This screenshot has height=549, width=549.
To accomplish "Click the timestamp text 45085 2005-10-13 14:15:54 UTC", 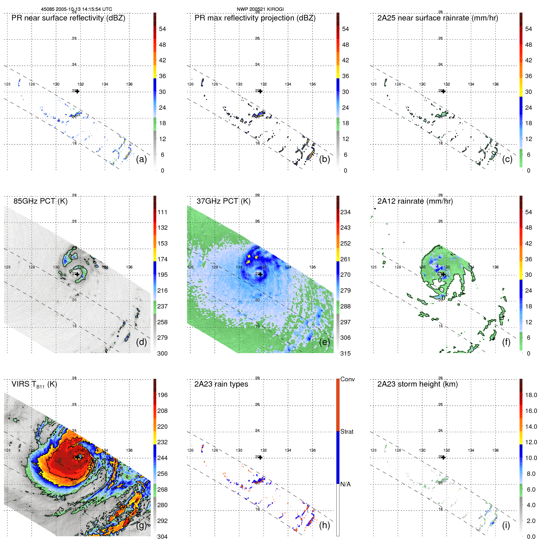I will pos(77,9).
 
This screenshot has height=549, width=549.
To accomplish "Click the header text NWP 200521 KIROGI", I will pos(260,9).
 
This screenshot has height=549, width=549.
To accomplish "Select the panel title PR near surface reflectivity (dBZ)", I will pos(68,18).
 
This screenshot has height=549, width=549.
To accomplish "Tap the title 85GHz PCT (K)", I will pos(40,201).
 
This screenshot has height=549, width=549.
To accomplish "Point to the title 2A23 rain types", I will pos(221,384).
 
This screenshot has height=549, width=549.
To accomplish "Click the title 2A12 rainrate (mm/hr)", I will pos(415,201).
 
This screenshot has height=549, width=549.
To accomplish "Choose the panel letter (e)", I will pos(325,342).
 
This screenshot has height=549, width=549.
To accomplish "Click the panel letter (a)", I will pos(141,159).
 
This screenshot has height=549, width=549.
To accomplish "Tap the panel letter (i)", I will pos(506,525).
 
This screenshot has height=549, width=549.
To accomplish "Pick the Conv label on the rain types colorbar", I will pos(348,379).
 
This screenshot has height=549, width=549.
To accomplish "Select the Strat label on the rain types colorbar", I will pos(347,432).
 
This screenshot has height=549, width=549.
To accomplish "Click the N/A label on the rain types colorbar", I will pos(346,484).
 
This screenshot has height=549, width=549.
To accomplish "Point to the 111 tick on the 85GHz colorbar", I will pos(162,212).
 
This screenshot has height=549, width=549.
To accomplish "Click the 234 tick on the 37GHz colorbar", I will pos(345,212).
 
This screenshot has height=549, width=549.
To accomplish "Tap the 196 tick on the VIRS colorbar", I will pos(162,395).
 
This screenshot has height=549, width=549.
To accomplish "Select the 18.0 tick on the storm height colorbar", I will pos(531,395).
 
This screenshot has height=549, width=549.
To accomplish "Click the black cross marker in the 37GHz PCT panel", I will pos(260,274).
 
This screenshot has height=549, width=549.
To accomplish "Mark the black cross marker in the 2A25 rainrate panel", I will pos(444,91).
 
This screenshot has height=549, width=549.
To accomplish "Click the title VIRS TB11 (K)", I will pos(34,384).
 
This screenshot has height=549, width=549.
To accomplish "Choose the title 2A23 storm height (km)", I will pos(418,384).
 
